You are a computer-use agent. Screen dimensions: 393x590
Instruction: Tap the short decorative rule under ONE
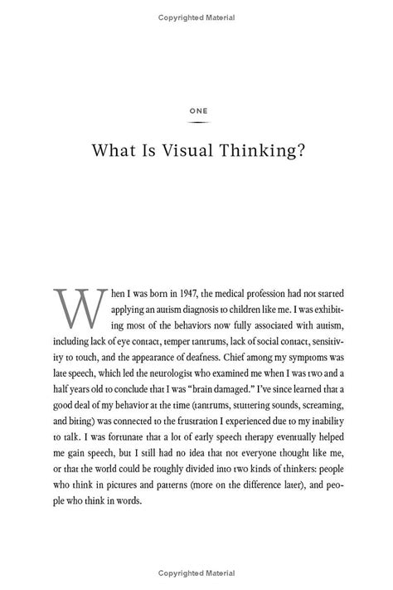point(196,123)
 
